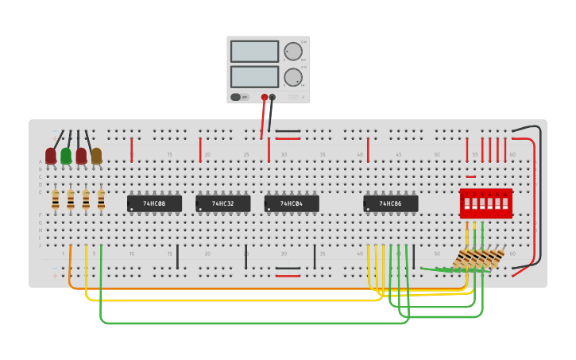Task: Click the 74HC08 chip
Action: click(154, 203)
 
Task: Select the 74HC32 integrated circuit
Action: click(222, 203)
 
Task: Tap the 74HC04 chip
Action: click(292, 203)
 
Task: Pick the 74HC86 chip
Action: click(390, 203)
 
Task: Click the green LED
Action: click(66, 156)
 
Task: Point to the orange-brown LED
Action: click(96, 156)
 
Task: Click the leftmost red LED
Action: click(51, 156)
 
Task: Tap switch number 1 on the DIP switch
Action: click(467, 203)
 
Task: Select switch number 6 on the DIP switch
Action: click(504, 203)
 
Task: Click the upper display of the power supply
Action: click(254, 52)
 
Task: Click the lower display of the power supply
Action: click(254, 77)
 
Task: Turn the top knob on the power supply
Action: click(293, 52)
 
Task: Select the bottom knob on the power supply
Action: click(293, 77)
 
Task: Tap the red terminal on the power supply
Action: click(265, 97)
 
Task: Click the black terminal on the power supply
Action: click(273, 97)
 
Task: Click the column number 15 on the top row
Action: click(169, 155)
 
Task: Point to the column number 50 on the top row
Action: click(436, 155)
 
